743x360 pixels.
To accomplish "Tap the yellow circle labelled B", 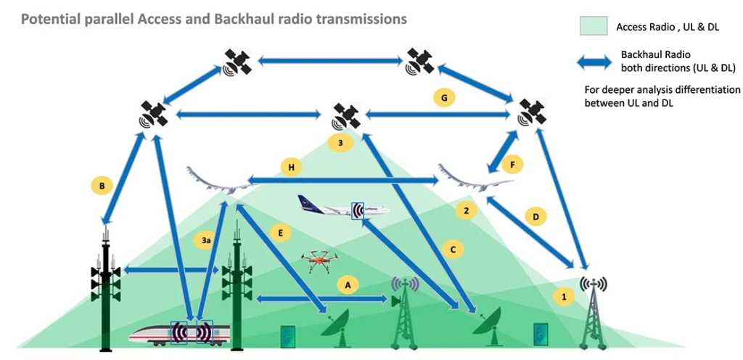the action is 102,186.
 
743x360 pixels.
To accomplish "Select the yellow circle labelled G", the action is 444,98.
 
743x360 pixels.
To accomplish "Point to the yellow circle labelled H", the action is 291,167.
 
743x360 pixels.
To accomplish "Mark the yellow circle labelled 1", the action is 564,297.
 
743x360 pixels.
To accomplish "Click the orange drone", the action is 320,261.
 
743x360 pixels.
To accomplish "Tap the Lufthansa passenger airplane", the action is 343,207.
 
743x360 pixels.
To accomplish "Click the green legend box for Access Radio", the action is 594,25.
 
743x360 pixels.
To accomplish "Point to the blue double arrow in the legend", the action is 594,62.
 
